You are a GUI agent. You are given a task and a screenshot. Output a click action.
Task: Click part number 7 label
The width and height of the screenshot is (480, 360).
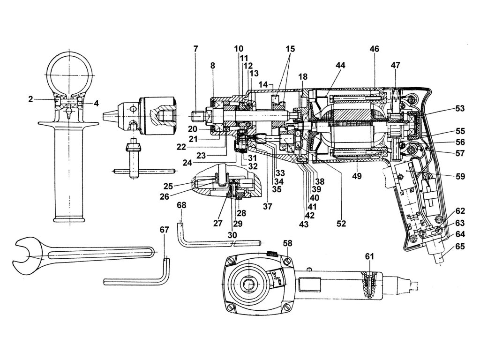click(195, 49)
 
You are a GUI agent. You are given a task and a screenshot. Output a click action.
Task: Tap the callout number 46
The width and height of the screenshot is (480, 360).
click(374, 49)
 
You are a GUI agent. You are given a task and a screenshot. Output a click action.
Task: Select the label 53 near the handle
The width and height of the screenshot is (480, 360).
click(459, 109)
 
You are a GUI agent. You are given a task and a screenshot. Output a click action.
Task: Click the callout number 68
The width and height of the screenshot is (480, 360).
click(181, 205)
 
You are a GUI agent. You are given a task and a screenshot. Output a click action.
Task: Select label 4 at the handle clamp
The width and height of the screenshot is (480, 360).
click(96, 103)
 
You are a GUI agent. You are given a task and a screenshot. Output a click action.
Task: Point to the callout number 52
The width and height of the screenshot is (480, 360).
click(341, 224)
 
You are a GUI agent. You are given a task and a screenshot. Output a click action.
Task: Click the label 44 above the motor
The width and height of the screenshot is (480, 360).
click(340, 66)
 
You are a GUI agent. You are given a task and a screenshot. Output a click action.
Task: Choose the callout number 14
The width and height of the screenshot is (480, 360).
click(263, 84)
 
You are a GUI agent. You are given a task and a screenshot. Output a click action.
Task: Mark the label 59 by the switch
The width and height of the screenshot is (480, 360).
click(460, 177)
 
